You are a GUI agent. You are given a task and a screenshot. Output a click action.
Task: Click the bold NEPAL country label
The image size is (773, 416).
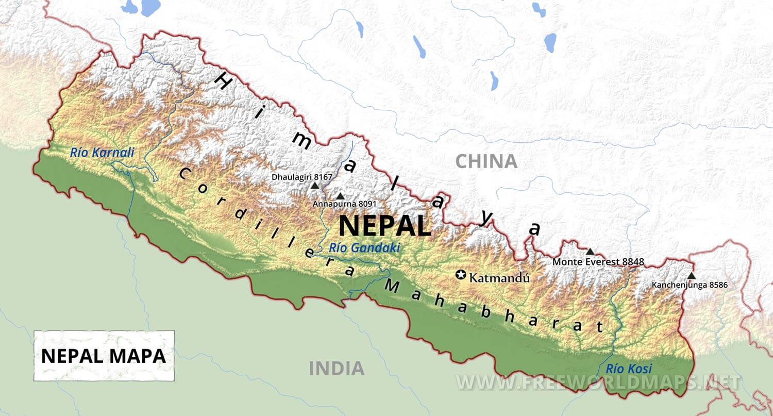tap(384, 225)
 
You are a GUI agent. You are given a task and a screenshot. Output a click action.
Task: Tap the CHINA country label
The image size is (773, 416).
tap(486, 161)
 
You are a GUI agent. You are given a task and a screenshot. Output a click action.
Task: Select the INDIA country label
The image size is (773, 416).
tap(337, 369)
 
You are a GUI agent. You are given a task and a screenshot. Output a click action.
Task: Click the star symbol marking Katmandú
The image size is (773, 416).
tap(461, 275)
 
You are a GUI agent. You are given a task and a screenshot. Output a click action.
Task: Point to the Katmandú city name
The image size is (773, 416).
tap(499, 278)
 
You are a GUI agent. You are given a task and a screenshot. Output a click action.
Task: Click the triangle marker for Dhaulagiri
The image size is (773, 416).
tap(315, 185)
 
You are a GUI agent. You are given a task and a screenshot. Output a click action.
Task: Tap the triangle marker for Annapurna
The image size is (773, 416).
tap(340, 196)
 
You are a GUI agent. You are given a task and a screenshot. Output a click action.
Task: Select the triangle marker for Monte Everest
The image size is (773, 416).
tap(590, 251)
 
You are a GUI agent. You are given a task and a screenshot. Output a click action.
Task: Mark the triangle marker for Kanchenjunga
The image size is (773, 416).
tap(691, 275)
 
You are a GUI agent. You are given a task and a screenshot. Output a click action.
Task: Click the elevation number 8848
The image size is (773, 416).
tap(633, 262)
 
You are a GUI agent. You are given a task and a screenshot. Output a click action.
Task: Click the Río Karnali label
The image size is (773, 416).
tap(102, 152)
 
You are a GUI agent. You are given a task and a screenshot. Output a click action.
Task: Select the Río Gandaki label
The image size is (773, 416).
tap(364, 248)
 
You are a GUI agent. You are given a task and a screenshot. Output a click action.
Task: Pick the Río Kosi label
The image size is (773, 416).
tap(628, 369)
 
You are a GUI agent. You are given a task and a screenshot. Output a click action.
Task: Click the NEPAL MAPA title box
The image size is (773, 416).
tap(104, 356)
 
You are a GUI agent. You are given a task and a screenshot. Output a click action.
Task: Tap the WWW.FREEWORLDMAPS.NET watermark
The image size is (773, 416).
tap(598, 382)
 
